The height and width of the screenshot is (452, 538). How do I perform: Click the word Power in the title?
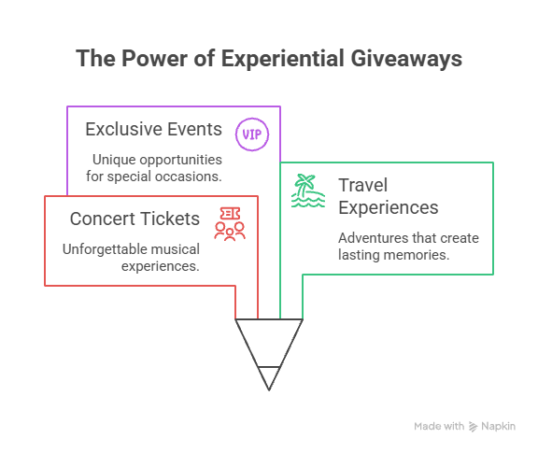[x=154, y=58]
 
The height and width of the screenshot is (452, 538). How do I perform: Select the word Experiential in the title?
[x=283, y=59]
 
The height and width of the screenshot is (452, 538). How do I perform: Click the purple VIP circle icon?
[x=252, y=134]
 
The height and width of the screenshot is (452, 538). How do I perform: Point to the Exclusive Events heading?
[x=154, y=129]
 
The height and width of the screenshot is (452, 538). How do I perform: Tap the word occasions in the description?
[x=189, y=177]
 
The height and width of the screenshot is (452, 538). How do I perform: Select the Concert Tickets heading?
[x=134, y=219]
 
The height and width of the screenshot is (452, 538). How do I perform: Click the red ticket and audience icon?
[x=230, y=223]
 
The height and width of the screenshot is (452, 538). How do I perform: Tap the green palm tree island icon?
[x=308, y=191]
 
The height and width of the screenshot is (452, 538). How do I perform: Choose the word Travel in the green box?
[x=363, y=185]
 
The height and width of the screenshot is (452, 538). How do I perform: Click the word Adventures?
[x=374, y=238]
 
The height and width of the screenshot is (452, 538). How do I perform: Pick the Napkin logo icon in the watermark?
[x=474, y=427]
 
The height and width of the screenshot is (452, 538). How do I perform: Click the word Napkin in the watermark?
[x=498, y=426]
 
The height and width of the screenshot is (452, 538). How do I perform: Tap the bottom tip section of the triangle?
[x=269, y=377]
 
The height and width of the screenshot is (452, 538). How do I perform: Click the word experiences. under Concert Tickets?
[x=161, y=266]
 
